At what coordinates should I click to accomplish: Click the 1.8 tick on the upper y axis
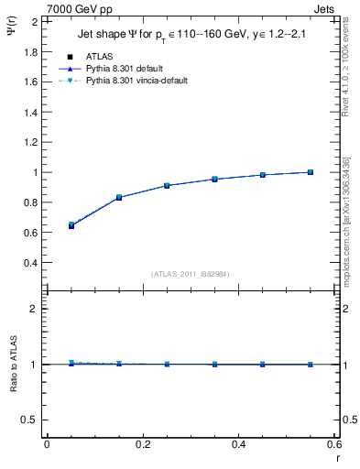27,51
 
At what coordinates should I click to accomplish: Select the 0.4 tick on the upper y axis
27,263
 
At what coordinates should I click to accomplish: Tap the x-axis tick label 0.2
142,444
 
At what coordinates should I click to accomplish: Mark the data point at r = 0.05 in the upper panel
71,224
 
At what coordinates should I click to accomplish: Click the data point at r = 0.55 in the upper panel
311,172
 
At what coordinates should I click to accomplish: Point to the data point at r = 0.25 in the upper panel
167,185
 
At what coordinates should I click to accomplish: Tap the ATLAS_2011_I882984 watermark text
191,274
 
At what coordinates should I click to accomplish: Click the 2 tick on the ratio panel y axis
33,309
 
